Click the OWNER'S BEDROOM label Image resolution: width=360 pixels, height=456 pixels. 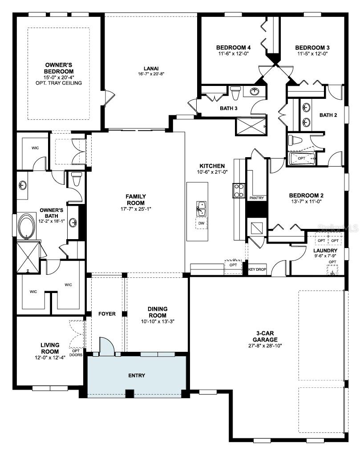[59, 68]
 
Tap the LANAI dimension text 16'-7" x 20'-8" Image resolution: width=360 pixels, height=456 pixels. [151, 74]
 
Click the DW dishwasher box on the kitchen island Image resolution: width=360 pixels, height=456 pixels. [201, 223]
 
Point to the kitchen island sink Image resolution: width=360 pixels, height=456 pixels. [201, 208]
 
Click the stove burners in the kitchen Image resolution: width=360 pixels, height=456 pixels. [238, 191]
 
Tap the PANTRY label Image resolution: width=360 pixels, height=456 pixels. [256, 198]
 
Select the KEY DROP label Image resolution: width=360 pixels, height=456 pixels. [257, 269]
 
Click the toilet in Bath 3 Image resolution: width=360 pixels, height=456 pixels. [236, 94]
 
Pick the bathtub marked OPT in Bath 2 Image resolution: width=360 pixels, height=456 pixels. [302, 159]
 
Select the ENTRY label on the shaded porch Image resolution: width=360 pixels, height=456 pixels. [137, 375]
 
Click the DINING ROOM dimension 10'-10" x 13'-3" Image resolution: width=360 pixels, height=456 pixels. [158, 322]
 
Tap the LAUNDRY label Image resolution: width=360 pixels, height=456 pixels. [325, 251]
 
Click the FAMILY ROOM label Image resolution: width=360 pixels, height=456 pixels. [136, 199]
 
